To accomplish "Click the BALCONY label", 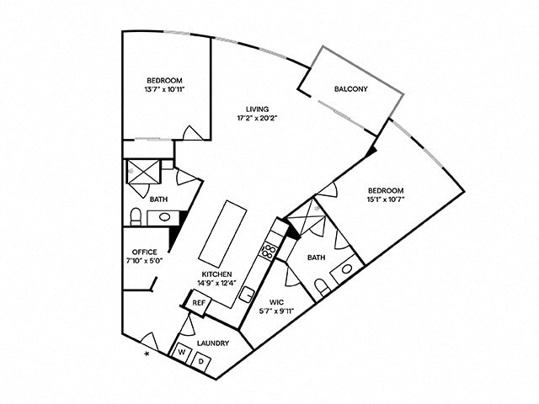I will click(x=350, y=89).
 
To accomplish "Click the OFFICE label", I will click(x=145, y=251).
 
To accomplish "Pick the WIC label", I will click(x=277, y=300).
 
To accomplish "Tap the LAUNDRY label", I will click(x=212, y=343).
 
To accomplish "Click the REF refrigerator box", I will click(x=199, y=303).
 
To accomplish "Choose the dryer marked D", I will click(x=202, y=360).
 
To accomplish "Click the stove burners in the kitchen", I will click(x=269, y=249).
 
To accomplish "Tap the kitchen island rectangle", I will click(x=223, y=233).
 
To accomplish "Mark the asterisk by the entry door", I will click(x=148, y=355).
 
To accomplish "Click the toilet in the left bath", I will click(x=135, y=218).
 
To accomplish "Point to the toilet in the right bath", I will click(x=322, y=289).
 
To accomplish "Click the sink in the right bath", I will click(x=346, y=271).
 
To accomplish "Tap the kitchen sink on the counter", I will click(x=248, y=294).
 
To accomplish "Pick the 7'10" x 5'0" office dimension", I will click(x=145, y=260).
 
